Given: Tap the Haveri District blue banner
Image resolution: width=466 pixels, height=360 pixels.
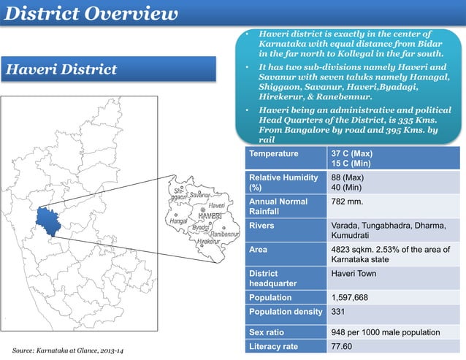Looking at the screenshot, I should [x=63, y=70].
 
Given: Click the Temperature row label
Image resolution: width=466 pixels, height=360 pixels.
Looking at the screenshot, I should [x=274, y=154].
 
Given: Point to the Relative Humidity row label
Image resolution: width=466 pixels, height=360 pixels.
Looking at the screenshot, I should [x=283, y=183].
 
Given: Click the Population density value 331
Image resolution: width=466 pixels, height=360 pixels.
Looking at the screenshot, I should [x=338, y=312].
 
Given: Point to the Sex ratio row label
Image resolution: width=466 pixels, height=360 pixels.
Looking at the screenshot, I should [x=269, y=332].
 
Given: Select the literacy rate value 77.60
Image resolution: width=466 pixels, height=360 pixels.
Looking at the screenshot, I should [x=343, y=346].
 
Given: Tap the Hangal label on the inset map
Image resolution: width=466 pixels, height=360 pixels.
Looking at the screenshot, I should [x=178, y=219].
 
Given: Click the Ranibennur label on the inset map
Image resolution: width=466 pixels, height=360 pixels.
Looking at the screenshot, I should [x=226, y=234].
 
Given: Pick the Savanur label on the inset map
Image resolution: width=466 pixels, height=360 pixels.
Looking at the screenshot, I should [x=199, y=195].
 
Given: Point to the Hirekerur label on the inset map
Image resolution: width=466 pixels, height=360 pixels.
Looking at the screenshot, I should [x=208, y=241].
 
